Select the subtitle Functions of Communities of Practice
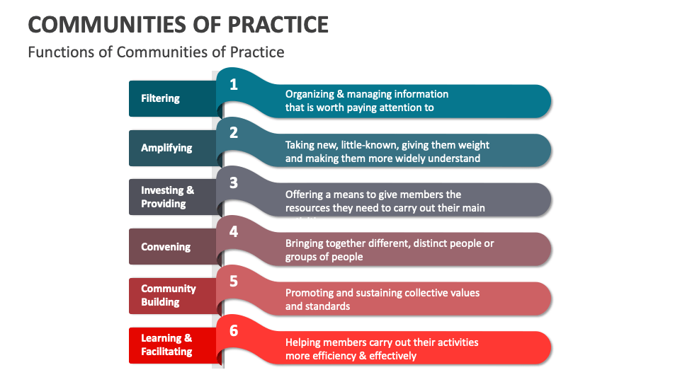click(x=156, y=52)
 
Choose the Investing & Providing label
click(x=167, y=197)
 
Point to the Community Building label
click(x=169, y=296)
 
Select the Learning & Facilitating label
click(x=167, y=345)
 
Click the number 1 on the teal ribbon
click(x=234, y=85)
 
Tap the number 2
click(x=234, y=133)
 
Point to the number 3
click(x=234, y=183)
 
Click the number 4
click(x=234, y=231)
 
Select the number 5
click(x=234, y=281)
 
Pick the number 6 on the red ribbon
click(x=234, y=330)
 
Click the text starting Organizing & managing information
click(x=367, y=100)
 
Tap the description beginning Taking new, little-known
click(x=387, y=151)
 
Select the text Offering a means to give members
click(x=385, y=201)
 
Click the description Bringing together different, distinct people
click(x=390, y=250)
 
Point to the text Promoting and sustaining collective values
click(x=382, y=299)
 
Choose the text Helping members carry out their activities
click(x=382, y=349)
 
